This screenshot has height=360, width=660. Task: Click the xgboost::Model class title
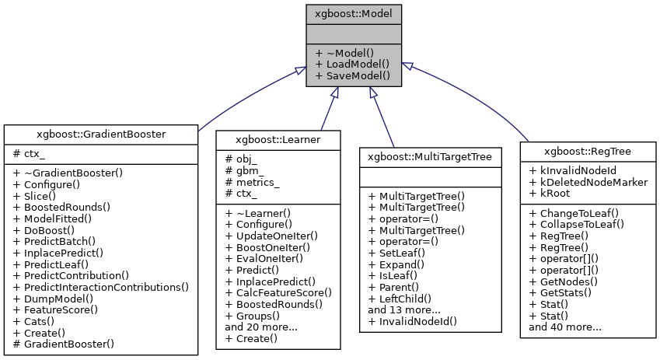click(x=354, y=13)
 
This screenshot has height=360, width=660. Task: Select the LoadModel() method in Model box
click(x=352, y=64)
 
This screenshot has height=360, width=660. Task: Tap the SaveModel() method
click(x=352, y=75)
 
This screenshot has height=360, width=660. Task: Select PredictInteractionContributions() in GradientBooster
click(x=101, y=287)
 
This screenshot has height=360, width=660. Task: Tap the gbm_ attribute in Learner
click(x=243, y=169)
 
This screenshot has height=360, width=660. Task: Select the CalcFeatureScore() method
click(x=278, y=292)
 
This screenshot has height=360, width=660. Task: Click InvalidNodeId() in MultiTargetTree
click(x=412, y=320)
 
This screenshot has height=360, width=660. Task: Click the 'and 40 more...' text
click(x=564, y=327)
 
